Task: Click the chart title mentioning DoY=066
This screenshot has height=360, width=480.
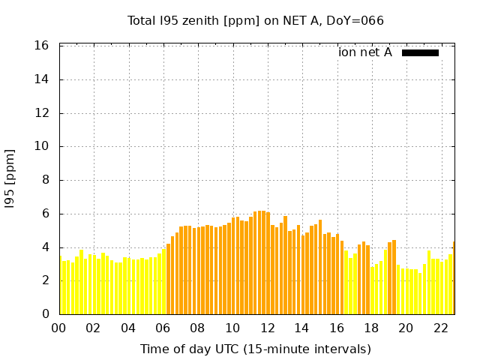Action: [256, 20]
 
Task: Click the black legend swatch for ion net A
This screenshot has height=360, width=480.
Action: [420, 52]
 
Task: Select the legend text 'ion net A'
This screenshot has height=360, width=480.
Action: [365, 52]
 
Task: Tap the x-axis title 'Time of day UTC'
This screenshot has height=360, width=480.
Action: [256, 349]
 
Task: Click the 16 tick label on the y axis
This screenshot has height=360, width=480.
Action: [42, 46]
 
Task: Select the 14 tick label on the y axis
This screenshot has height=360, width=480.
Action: [42, 79]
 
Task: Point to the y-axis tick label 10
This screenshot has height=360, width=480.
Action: [42, 146]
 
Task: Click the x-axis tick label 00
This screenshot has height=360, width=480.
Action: [58, 328]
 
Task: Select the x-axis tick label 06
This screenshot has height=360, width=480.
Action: [163, 328]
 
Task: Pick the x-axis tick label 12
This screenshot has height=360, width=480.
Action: [267, 328]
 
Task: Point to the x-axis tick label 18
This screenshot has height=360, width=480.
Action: [371, 328]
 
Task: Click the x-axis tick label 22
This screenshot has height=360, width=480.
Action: [440, 328]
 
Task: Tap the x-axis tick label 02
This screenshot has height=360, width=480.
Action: [93, 328]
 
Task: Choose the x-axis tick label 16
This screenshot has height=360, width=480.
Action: [336, 328]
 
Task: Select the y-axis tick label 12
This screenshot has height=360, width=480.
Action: [42, 113]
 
